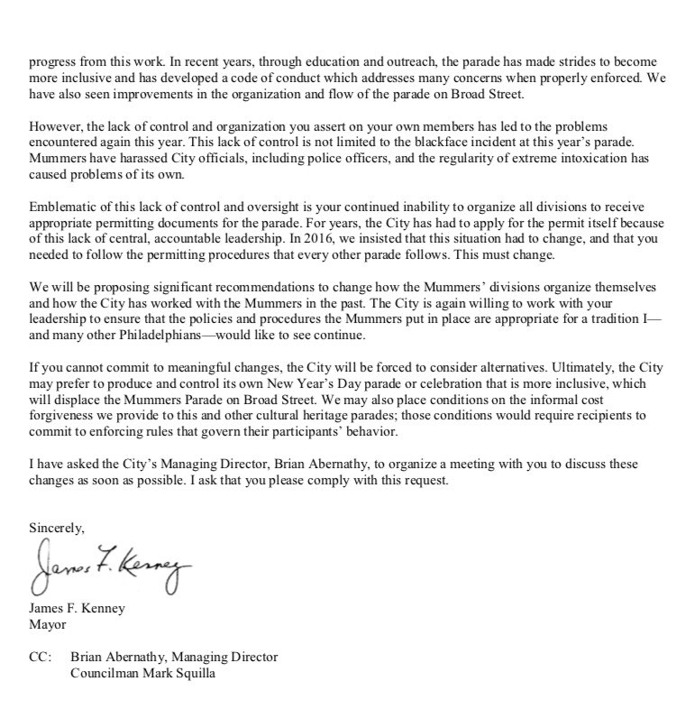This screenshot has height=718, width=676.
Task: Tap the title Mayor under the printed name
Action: point(48,621)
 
